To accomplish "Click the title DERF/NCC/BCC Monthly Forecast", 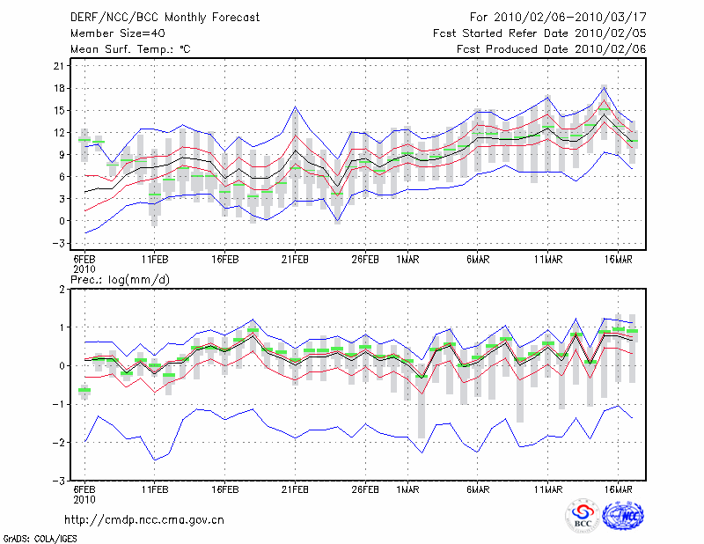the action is (x=165, y=18).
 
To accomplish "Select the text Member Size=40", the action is (x=118, y=33).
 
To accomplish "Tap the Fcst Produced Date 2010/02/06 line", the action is (x=552, y=49).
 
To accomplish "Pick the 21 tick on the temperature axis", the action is (x=59, y=66).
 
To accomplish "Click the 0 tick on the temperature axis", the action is (x=62, y=221).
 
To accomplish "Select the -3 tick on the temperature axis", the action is (x=59, y=243).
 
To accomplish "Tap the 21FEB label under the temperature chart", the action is (x=295, y=260).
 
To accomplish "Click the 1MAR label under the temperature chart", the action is (x=407, y=260).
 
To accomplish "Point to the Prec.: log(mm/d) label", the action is (x=120, y=280).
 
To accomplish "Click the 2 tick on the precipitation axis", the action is (x=62, y=289).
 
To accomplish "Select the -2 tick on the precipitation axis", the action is (x=59, y=443).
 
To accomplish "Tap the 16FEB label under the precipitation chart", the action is (x=225, y=489).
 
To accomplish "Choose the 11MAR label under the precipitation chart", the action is (x=548, y=489).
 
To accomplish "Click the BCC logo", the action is (x=583, y=517).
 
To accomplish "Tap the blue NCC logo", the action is (x=623, y=516).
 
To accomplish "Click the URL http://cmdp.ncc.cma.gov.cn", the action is (x=144, y=520).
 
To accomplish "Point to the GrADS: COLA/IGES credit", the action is (x=40, y=539).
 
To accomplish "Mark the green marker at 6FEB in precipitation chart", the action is (x=84, y=390).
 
